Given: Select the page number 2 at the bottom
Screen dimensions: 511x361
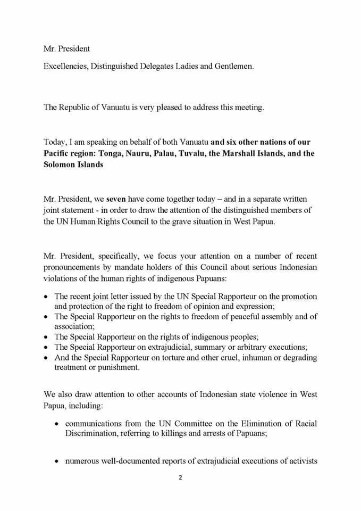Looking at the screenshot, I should point(180,477).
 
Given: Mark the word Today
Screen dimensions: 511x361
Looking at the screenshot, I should point(55,142).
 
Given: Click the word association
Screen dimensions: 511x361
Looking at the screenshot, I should point(74,326).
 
